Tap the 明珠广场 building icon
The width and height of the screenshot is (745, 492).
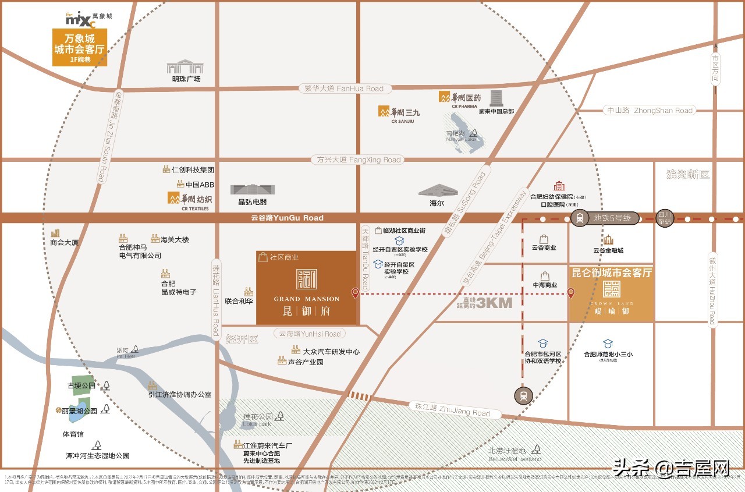(x=185, y=66)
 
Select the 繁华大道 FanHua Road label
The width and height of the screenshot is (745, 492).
(x=344, y=89)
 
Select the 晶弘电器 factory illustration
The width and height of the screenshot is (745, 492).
(x=252, y=189)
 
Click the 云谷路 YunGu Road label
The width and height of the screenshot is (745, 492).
(x=279, y=218)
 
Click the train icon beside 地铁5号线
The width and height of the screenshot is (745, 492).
(x=580, y=218)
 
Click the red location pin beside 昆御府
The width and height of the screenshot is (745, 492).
(x=355, y=293)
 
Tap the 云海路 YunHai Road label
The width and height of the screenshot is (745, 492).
(x=310, y=334)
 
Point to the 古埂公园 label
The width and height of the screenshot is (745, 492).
(x=81, y=385)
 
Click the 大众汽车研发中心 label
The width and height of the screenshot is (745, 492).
(x=331, y=351)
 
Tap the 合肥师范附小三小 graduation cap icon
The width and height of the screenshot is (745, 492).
(x=608, y=344)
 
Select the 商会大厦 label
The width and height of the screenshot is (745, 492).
(x=64, y=242)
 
